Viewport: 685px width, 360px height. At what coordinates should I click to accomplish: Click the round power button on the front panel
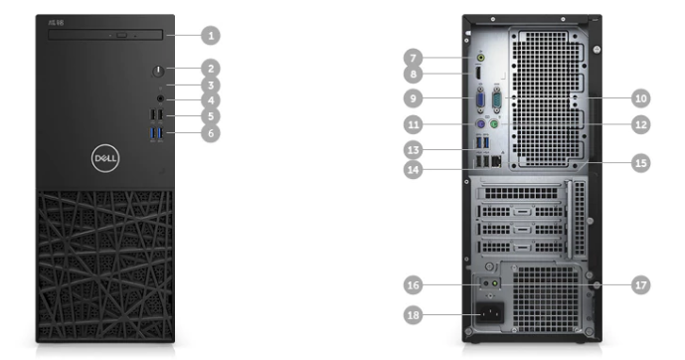(158, 72)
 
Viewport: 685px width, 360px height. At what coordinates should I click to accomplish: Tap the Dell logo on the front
(105, 158)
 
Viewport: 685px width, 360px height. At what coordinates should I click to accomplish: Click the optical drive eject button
(122, 35)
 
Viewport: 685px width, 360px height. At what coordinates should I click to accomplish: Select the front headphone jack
(160, 99)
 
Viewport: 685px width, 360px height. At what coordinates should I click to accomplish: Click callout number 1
(211, 36)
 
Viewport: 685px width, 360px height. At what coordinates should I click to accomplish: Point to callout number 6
(211, 133)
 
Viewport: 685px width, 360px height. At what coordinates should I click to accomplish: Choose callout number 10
(641, 98)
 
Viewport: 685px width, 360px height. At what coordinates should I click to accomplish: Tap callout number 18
(414, 315)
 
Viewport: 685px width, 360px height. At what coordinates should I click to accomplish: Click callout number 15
(641, 163)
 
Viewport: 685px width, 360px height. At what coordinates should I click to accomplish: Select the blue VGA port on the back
(480, 100)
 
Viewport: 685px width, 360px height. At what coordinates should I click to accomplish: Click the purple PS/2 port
(479, 124)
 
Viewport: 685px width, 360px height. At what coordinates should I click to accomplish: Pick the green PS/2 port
(494, 124)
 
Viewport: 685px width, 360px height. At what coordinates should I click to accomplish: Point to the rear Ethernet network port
(496, 162)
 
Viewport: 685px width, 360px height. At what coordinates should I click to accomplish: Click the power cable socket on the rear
(490, 312)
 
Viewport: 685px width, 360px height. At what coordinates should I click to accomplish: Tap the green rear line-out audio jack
(480, 58)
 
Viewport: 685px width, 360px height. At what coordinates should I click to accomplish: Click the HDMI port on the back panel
(477, 73)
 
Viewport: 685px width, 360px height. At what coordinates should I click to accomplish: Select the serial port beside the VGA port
(497, 100)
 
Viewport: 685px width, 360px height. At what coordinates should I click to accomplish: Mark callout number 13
(414, 150)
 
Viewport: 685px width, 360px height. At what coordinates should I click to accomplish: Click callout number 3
(211, 86)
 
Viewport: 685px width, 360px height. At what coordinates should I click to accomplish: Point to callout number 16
(414, 285)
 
